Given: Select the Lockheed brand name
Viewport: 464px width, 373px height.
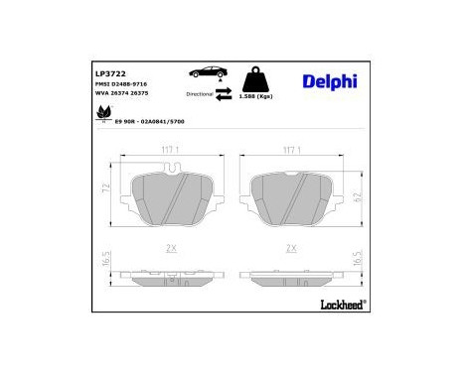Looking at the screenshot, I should [337, 303].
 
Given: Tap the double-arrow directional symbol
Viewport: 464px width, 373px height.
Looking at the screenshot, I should [223, 94].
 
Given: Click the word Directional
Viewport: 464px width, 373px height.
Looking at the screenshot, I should [198, 93].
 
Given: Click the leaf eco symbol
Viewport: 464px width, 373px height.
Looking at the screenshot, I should [102, 116].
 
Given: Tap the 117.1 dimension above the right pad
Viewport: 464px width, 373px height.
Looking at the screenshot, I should [292, 150].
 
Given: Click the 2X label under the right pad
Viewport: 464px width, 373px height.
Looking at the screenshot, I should [292, 249].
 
